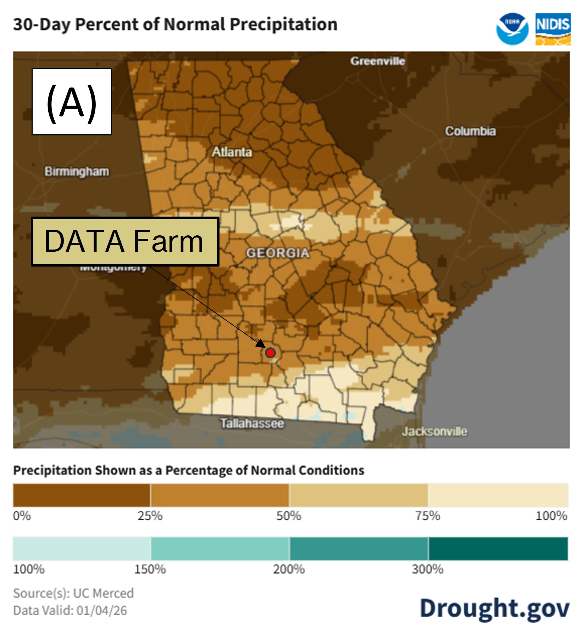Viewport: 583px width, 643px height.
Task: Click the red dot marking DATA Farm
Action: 270,353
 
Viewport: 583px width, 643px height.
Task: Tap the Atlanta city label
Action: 232,152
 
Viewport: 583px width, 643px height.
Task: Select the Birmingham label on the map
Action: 77,172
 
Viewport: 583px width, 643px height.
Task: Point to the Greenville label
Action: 378,61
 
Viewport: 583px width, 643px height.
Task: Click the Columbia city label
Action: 470,131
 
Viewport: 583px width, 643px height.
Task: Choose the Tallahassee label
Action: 252,423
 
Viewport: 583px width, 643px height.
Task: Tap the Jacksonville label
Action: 434,431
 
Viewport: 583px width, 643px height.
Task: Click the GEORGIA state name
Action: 278,253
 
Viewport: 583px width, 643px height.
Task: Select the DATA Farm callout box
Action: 125,241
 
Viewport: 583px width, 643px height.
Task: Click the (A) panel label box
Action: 72,101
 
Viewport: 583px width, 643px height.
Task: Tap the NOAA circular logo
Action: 512,29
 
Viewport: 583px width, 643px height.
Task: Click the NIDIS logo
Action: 553,29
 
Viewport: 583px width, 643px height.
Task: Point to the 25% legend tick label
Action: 150,516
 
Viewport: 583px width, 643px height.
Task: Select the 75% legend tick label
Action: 428,516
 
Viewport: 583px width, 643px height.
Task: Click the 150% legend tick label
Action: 150,569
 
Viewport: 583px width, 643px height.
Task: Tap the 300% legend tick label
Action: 428,569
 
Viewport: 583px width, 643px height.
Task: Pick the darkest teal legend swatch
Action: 498,549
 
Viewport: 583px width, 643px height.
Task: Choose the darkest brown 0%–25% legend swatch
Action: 82,495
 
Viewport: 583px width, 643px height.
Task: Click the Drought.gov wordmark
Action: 495,608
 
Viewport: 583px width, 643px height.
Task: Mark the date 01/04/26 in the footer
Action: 102,610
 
